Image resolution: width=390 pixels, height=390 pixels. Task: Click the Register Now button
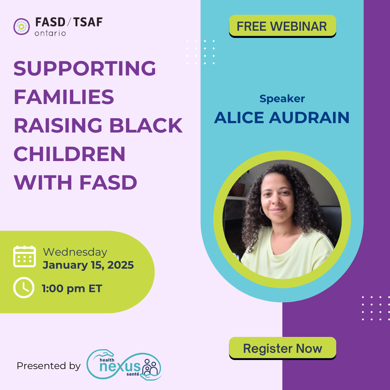pos(282,348)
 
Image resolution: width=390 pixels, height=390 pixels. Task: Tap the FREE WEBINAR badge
pos(282,26)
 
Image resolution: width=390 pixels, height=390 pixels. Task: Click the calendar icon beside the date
pos(25,256)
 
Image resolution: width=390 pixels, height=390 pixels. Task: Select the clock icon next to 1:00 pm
pos(24,287)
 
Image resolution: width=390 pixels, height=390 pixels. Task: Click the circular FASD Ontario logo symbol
pos(22,26)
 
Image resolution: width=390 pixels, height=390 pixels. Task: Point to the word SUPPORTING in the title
pos(85,68)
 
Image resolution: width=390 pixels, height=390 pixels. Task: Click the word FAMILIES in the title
pos(64,97)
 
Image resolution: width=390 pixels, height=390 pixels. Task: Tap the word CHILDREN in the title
pos(69,154)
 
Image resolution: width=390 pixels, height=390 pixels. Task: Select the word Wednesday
pos(75,252)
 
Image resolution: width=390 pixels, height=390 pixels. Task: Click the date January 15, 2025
pos(88,265)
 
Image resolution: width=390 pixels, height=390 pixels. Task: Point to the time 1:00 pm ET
pos(72,289)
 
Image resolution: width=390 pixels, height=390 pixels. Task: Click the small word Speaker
pos(282,99)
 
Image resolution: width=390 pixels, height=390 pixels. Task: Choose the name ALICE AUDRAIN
pos(282,117)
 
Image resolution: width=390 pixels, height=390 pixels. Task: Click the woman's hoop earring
pos(262,211)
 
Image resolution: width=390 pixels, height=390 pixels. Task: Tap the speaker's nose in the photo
pos(276,199)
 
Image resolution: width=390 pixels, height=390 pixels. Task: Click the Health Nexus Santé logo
pos(124,365)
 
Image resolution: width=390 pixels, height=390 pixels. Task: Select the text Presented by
pos(49,366)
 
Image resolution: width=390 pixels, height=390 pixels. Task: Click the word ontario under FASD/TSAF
pos(50,33)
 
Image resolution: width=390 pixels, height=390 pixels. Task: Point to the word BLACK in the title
pos(146,125)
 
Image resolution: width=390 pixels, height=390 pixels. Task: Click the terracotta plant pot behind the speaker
pos(238,190)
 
